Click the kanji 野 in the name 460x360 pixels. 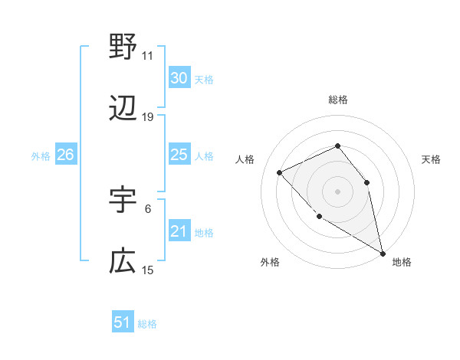[x=123, y=47]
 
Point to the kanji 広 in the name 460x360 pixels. [x=123, y=262]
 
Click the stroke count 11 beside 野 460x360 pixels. [x=148, y=55]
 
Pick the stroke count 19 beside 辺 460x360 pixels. [x=148, y=117]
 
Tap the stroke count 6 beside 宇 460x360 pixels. [x=148, y=208]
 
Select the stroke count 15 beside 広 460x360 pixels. [x=148, y=270]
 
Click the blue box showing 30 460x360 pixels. [x=179, y=78]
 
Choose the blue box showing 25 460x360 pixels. [x=179, y=155]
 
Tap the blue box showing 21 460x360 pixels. [x=179, y=231]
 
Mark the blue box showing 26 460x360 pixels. [x=66, y=155]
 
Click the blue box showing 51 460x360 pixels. [x=123, y=322]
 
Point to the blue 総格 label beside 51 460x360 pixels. [x=147, y=324]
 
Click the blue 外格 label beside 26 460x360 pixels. [x=41, y=156]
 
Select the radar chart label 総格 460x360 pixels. [x=337, y=100]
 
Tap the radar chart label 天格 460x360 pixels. [x=431, y=159]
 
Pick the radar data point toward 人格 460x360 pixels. [x=280, y=172]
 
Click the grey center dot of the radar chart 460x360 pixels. [x=337, y=191]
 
